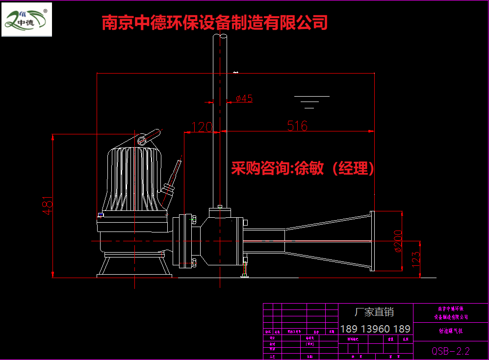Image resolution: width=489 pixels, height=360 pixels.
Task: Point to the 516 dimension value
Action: click(x=297, y=126)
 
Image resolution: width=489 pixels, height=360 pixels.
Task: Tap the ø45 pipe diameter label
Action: click(x=244, y=99)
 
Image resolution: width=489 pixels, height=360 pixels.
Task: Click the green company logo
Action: click(x=26, y=20)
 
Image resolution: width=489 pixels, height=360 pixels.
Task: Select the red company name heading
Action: click(x=214, y=23)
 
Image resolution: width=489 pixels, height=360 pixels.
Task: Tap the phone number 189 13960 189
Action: click(x=375, y=329)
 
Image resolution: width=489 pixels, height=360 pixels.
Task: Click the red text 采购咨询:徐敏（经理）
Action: click(x=303, y=169)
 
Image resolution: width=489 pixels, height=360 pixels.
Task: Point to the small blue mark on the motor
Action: click(x=101, y=214)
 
